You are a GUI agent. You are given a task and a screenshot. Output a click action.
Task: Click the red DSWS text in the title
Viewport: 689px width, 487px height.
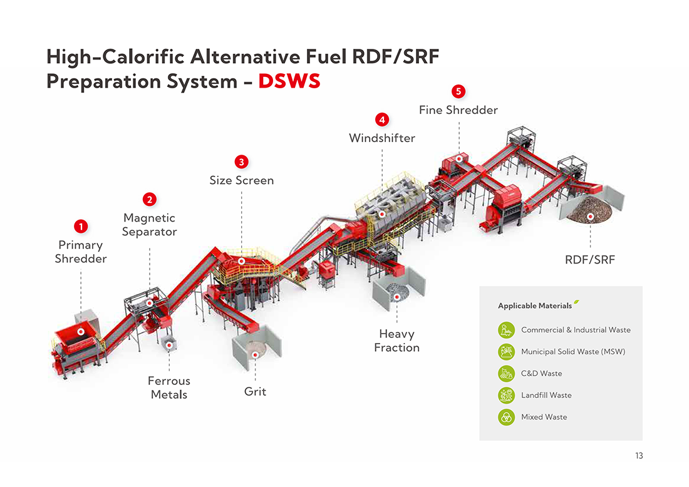point(289,81)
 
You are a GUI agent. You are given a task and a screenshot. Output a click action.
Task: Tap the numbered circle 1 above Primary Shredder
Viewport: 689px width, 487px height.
point(80,225)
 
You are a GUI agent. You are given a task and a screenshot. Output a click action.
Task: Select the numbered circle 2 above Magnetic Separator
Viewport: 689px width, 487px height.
point(149,199)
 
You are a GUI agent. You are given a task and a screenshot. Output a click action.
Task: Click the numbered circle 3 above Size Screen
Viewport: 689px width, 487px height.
point(241,161)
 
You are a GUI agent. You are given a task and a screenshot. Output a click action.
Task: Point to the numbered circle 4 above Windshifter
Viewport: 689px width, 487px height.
point(382,119)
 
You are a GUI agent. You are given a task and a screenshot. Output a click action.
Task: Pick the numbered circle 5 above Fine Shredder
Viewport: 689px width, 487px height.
point(458,91)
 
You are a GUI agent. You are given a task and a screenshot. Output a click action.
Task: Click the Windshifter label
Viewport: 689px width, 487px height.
point(382,138)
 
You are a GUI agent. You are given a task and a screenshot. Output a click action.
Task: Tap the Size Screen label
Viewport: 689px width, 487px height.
point(241,180)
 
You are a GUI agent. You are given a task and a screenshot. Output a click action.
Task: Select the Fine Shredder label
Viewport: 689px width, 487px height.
point(458,110)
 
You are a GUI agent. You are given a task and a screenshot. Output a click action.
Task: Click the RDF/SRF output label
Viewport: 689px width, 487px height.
point(590,259)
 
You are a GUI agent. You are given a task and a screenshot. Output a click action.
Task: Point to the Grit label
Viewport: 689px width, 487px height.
point(255,391)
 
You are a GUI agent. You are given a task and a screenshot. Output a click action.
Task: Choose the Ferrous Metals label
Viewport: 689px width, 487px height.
point(169,387)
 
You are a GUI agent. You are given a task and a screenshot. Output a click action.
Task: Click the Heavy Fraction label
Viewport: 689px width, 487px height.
point(396,341)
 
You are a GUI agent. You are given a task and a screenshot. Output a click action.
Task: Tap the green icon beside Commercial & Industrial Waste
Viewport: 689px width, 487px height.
point(506,330)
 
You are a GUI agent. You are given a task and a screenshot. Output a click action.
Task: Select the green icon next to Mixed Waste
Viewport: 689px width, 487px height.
point(506,417)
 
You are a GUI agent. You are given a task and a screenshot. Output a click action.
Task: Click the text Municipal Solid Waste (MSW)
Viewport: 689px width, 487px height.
point(573,352)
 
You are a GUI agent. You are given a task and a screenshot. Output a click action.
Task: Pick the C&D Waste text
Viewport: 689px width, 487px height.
point(542,374)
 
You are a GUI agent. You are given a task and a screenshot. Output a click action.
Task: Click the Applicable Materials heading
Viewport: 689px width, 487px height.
point(534,305)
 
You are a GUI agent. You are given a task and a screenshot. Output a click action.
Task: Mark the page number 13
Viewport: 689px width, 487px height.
point(638,456)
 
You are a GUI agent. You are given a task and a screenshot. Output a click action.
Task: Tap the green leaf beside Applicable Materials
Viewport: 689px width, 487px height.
point(576,302)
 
